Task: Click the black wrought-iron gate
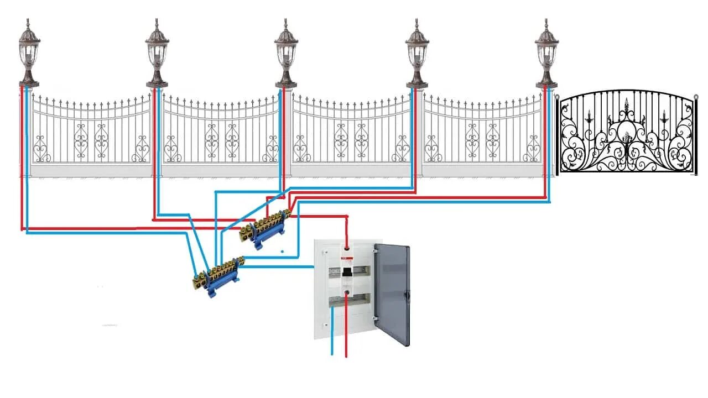click(626, 133)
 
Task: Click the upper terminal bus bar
click(265, 227)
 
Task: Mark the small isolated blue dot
click(282, 252)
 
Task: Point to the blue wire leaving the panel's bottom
click(332, 332)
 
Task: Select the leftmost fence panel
click(91, 133)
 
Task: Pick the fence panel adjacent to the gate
click(483, 133)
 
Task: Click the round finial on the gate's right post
click(696, 97)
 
